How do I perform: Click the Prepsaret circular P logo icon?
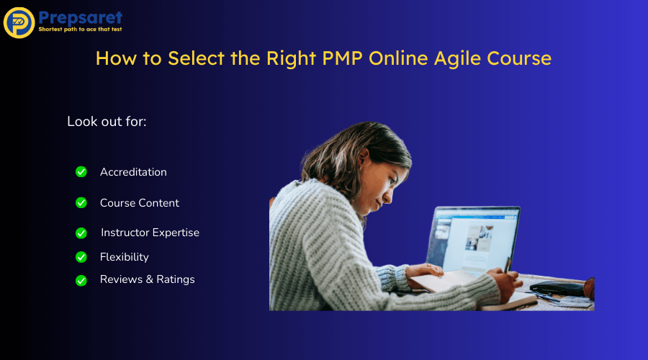click(19, 22)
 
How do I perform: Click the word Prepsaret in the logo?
click(81, 17)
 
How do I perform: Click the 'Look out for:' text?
click(107, 121)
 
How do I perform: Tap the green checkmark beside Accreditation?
click(81, 172)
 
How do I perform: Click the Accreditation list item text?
click(133, 172)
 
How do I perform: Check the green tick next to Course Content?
click(81, 203)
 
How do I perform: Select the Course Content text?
click(140, 203)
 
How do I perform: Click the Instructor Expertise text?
click(150, 233)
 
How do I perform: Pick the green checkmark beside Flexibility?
click(81, 257)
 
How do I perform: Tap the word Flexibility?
click(125, 257)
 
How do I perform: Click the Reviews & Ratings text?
click(148, 279)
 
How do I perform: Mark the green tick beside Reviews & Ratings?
click(81, 280)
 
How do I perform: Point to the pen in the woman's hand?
click(508, 266)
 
